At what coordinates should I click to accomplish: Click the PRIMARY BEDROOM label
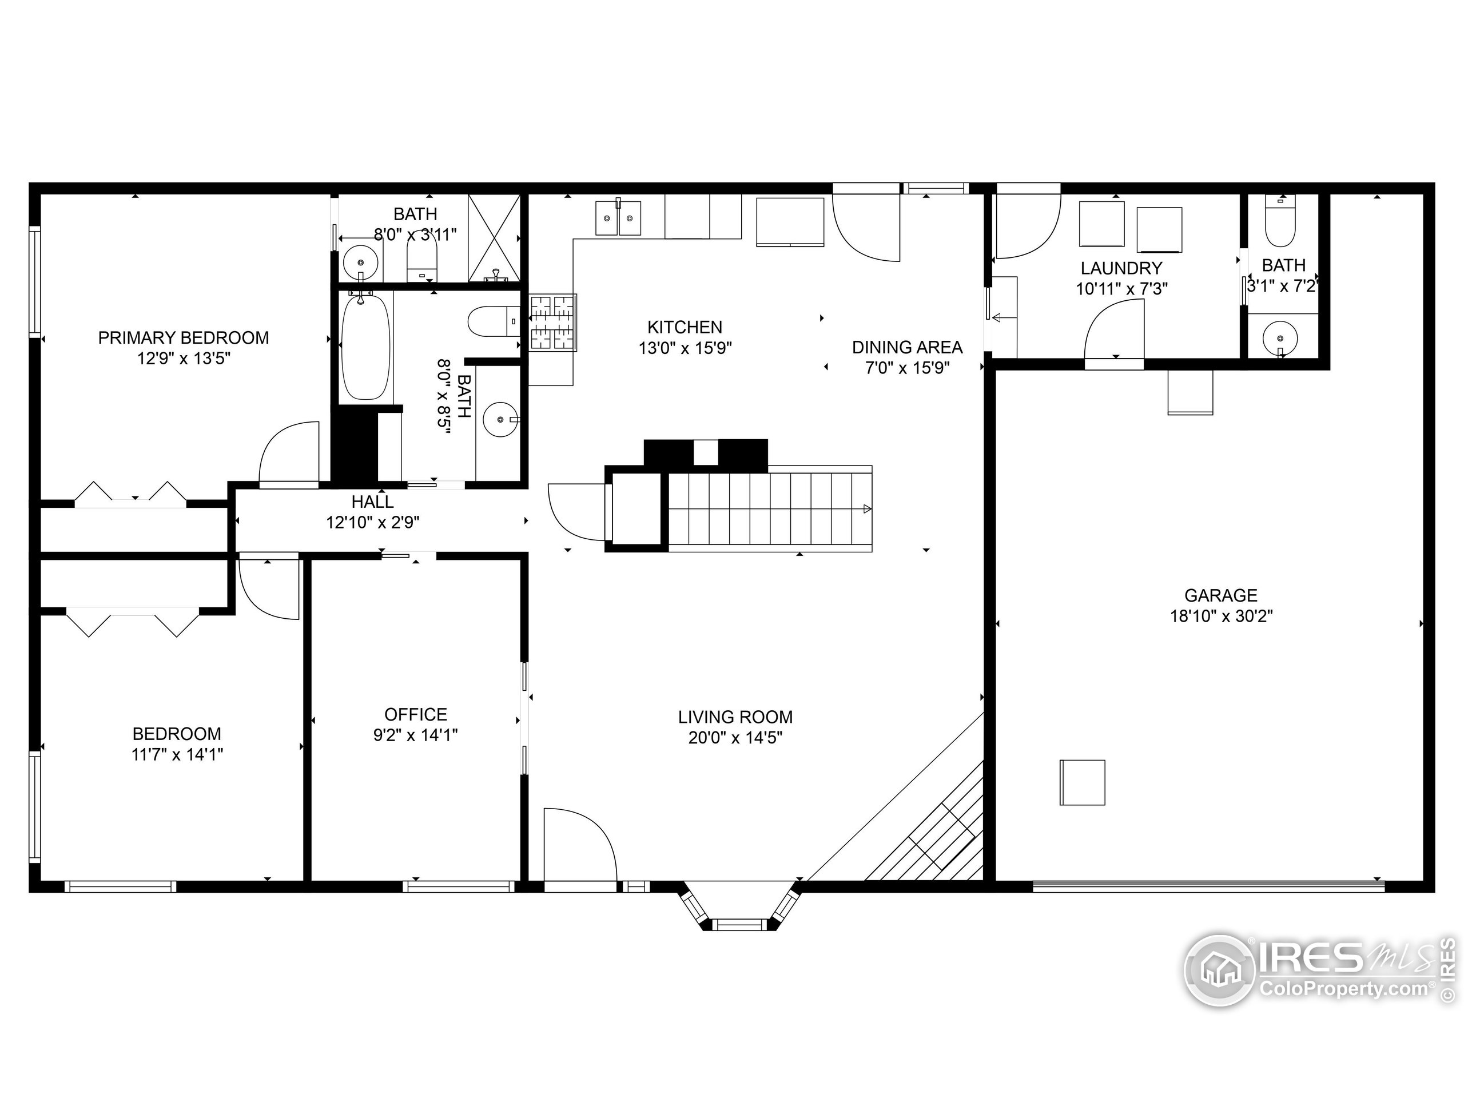[184, 337]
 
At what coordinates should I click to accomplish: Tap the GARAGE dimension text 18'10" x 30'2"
[1221, 616]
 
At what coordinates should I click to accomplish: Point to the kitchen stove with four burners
[552, 323]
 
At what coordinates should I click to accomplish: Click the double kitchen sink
[618, 217]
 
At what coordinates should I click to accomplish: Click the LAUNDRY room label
[1121, 268]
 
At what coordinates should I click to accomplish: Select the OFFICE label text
[416, 714]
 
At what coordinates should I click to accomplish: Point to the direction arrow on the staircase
[866, 508]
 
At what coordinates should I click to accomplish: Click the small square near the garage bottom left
[1082, 782]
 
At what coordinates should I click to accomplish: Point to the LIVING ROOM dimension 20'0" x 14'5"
[735, 737]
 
